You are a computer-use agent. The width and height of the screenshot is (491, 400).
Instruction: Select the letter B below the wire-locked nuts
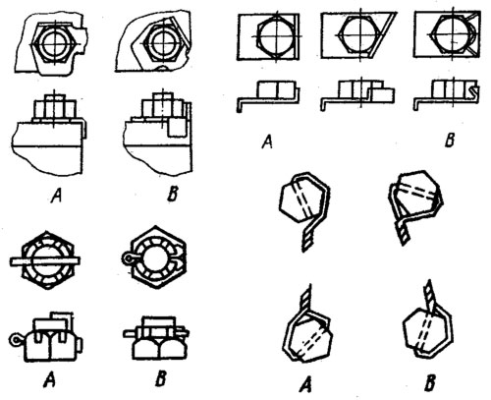430,382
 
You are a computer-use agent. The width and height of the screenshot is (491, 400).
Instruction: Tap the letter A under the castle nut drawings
49,381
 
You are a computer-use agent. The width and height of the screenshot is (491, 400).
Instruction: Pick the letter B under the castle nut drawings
160,379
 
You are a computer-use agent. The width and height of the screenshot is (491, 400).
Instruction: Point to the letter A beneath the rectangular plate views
268,142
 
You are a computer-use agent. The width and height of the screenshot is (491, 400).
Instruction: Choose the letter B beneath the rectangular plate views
450,141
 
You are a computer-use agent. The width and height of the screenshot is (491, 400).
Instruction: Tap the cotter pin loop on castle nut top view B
128,259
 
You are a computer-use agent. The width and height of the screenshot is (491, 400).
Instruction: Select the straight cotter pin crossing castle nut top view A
45,260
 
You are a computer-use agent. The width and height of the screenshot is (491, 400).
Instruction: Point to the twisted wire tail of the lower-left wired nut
306,298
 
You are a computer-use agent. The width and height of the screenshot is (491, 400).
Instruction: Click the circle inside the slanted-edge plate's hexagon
360,35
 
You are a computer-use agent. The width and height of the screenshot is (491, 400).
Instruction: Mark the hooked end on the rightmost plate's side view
474,90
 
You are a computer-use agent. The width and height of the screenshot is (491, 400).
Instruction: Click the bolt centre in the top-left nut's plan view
56,43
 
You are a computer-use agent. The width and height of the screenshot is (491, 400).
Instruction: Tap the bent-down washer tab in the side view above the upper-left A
83,130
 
